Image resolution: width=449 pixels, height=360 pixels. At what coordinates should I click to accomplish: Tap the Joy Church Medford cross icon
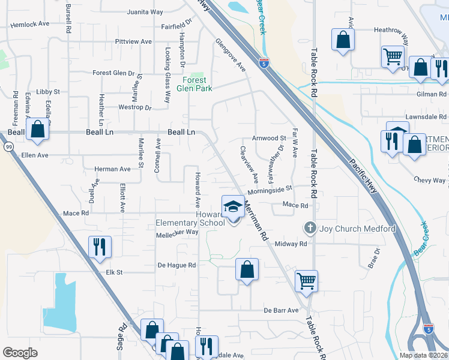[310, 228]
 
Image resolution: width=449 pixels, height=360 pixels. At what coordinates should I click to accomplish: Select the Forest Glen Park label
[195, 84]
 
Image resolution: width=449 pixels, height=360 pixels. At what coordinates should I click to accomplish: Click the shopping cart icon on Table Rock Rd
[306, 280]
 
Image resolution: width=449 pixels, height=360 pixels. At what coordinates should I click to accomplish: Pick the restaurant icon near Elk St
[99, 247]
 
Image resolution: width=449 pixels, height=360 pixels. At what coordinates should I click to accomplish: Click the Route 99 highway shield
[8, 146]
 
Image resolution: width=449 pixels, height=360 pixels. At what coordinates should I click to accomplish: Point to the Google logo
[20, 352]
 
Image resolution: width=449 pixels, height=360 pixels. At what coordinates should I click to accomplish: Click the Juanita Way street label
[145, 12]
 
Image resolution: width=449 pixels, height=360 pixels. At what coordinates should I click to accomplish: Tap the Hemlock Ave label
[29, 24]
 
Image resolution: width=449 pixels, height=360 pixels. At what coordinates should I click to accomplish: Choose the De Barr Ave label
[280, 310]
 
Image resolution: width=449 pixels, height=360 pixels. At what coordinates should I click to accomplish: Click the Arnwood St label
[273, 138]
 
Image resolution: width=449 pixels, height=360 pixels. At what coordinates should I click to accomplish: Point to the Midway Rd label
[291, 244]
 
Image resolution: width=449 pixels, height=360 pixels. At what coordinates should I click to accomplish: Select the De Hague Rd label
[176, 265]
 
